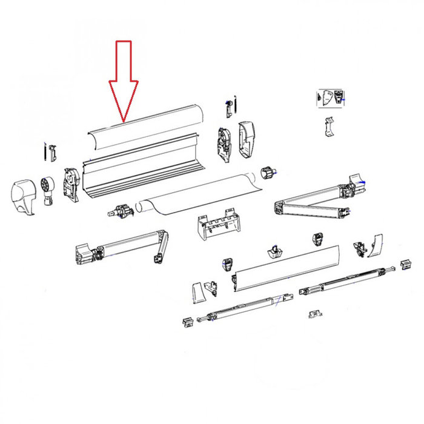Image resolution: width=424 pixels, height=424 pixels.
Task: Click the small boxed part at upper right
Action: tap(331, 97)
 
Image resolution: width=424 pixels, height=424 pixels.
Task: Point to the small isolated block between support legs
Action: tap(314, 313)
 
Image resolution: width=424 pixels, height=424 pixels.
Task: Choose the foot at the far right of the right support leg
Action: tap(403, 263)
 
